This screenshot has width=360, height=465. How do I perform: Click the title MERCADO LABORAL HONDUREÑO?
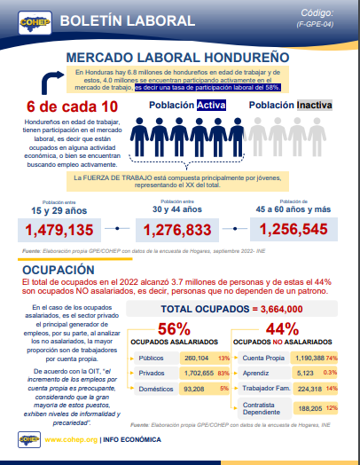(x=180, y=58)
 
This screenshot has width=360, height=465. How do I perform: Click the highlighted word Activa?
(x=211, y=106)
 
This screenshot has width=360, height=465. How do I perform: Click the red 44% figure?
(x=281, y=329)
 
